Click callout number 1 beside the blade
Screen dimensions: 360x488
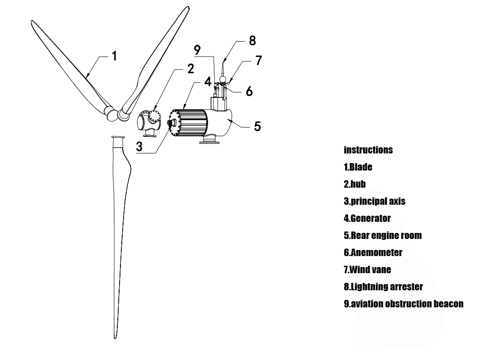click(114, 56)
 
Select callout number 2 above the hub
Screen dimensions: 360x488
click(190, 68)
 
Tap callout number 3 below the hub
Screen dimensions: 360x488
click(139, 147)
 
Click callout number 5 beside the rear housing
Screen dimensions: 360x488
click(258, 126)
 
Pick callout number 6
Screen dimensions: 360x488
click(249, 91)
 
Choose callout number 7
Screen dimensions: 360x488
click(258, 61)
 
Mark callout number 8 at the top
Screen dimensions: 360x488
click(252, 40)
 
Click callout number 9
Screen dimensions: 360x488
click(198, 50)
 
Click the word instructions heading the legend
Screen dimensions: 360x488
click(368, 150)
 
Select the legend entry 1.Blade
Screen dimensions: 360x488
click(358, 167)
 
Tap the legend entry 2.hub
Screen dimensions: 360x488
click(355, 184)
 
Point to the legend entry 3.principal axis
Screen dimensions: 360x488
click(375, 201)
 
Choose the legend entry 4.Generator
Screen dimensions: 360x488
click(367, 218)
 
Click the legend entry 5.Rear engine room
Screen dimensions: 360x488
click(382, 235)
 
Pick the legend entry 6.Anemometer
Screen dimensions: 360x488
click(373, 253)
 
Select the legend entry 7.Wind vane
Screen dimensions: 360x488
click(367, 270)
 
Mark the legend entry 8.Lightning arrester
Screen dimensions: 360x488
click(383, 287)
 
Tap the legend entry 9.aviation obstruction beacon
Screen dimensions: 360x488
click(403, 304)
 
